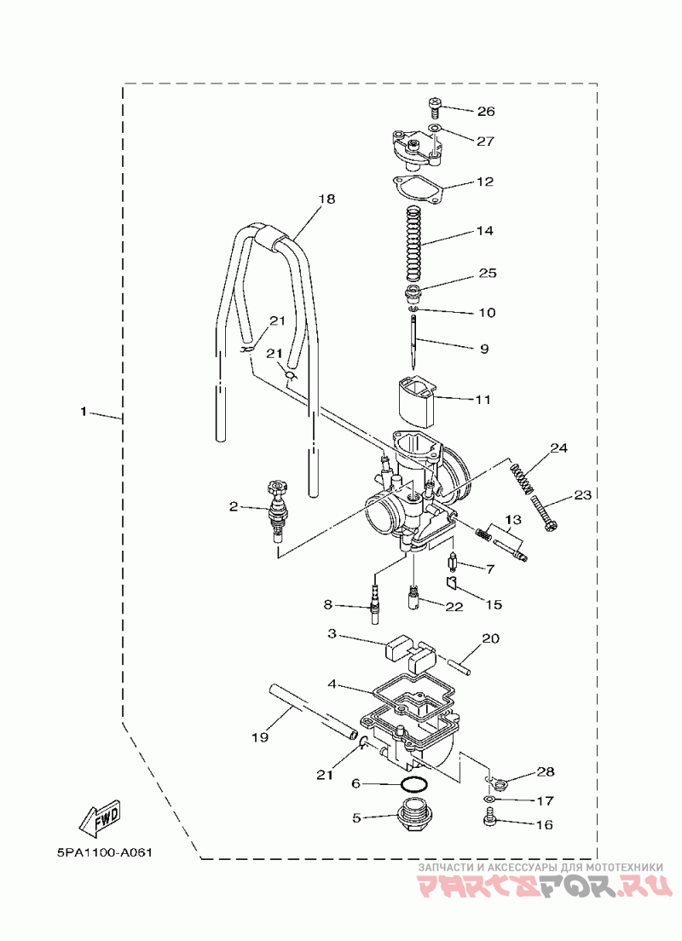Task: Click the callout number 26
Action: pyautogui.click(x=486, y=112)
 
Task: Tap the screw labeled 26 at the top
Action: pyautogui.click(x=436, y=108)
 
